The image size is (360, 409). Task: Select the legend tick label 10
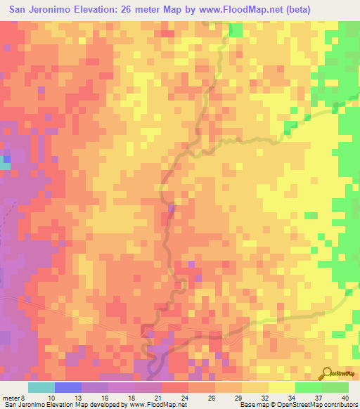(x=41, y=397)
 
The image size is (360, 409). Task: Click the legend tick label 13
(x=68, y=397)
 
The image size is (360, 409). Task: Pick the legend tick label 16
(x=95, y=397)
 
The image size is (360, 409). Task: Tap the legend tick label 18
(x=122, y=397)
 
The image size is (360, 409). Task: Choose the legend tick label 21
(x=148, y=397)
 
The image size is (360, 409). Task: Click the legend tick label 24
(x=175, y=397)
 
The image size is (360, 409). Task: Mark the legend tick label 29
(x=229, y=397)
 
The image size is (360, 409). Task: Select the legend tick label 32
(x=255, y=397)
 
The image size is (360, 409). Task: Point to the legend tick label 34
(x=282, y=397)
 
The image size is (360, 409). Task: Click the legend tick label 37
(x=309, y=397)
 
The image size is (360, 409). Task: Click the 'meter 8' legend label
(x=12, y=397)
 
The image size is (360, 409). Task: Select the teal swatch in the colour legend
(x=41, y=387)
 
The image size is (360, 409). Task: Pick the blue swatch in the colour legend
(x=68, y=387)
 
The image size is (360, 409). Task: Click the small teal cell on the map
(x=6, y=166)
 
